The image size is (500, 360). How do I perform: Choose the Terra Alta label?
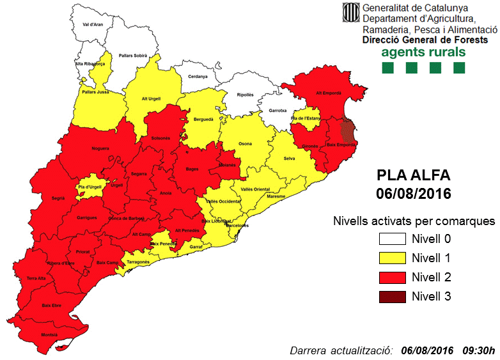pyautogui.click(x=36, y=278)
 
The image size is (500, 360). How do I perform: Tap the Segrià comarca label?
pyautogui.click(x=58, y=199)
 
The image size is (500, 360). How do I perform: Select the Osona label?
pyautogui.click(x=245, y=144)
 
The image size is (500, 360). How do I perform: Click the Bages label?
pyautogui.click(x=192, y=169)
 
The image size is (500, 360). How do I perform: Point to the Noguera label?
pyautogui.click(x=100, y=148)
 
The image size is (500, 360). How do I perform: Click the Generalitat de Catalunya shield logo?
pyautogui.click(x=350, y=12)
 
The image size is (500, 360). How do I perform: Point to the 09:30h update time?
pyautogui.click(x=480, y=350)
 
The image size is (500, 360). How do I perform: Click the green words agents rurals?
pyautogui.click(x=423, y=53)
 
